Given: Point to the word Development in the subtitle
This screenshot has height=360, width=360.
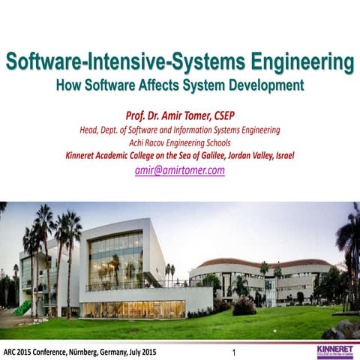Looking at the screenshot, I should pos(261,85).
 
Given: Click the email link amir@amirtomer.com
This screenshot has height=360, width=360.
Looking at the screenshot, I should pos(180,170).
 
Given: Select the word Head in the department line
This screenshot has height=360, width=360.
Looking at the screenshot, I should pos(91,129).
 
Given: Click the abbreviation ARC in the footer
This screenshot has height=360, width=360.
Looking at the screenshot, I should pos(10,351).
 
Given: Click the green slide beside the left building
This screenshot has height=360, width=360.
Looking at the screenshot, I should pos(23,307).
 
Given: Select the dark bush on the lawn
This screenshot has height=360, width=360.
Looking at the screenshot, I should pos(244,307).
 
